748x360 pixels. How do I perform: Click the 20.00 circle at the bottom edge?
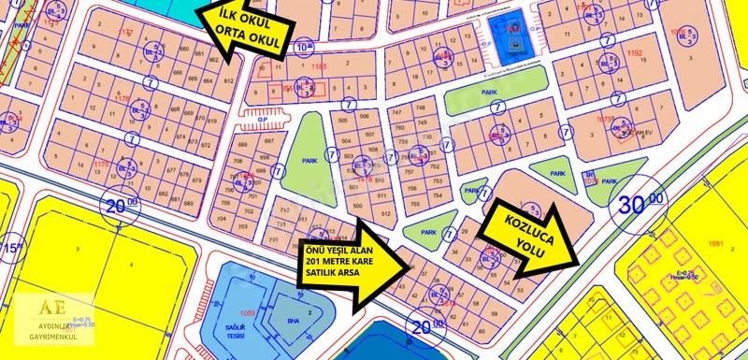[x=425, y=326]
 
